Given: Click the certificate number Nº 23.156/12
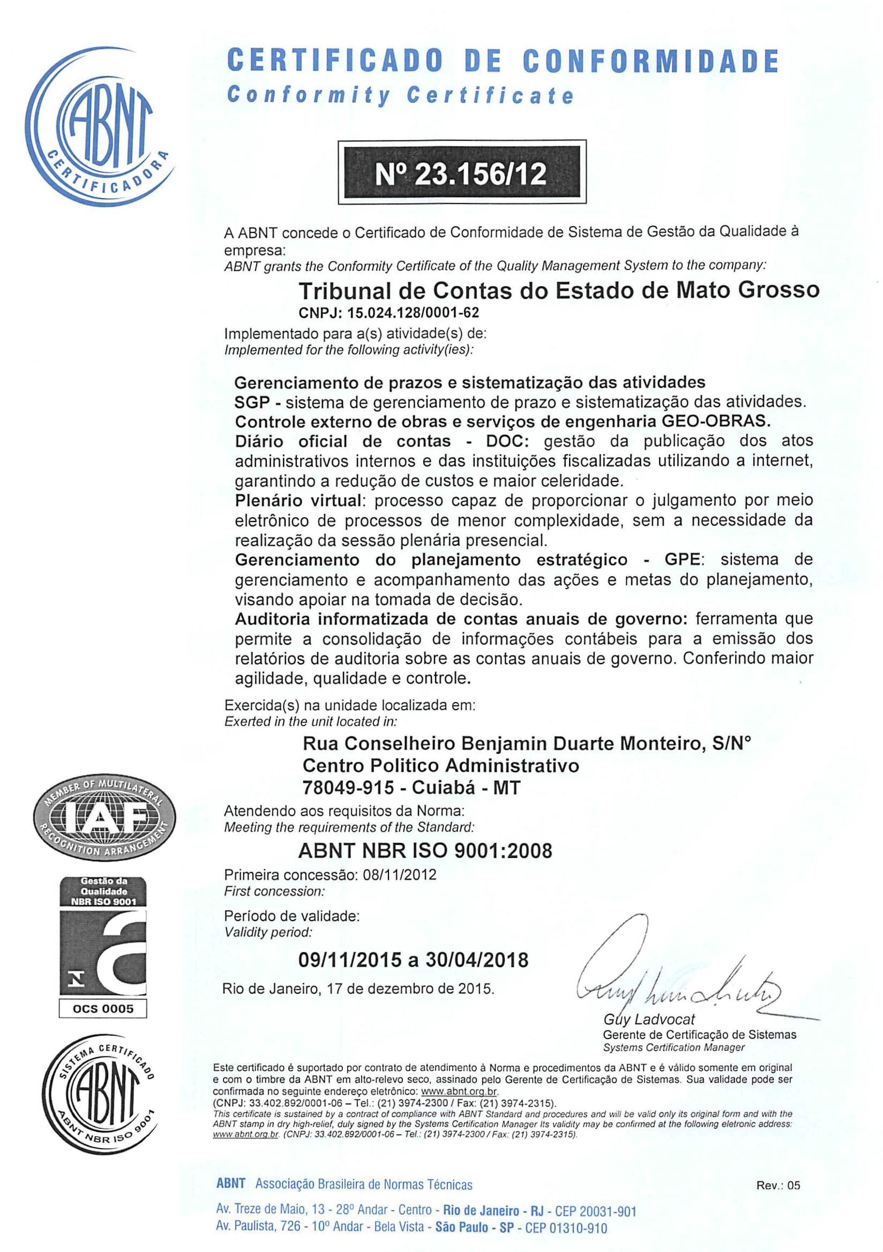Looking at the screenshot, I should pyautogui.click(x=462, y=174).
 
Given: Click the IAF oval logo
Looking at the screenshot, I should pyautogui.click(x=103, y=819).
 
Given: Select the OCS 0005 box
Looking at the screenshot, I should pyautogui.click(x=103, y=1009).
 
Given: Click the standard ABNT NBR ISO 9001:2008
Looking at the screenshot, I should pyautogui.click(x=425, y=851).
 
